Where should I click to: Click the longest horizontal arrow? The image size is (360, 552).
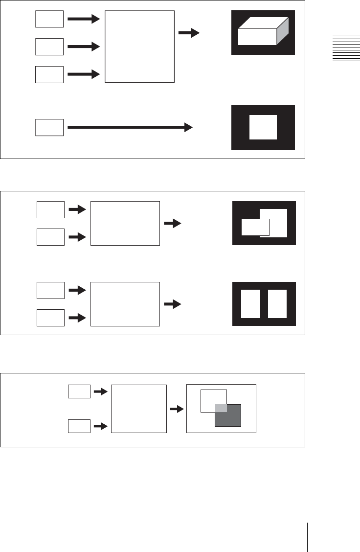click(129, 127)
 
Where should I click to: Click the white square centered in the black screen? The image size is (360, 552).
click(263, 127)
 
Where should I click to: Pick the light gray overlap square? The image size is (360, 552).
click(221, 408)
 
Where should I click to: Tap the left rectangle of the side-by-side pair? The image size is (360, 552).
click(251, 304)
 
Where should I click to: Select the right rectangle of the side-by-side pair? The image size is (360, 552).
click(277, 304)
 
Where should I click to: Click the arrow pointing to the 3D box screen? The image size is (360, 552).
click(188, 33)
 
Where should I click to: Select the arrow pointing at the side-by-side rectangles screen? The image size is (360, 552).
click(172, 304)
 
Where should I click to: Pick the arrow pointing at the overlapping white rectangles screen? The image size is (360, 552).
click(172, 223)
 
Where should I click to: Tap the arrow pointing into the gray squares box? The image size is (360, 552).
click(176, 408)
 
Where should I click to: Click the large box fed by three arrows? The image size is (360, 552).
click(139, 46)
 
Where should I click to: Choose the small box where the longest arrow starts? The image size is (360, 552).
click(49, 127)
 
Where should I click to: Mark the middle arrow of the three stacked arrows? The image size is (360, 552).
click(83, 47)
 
